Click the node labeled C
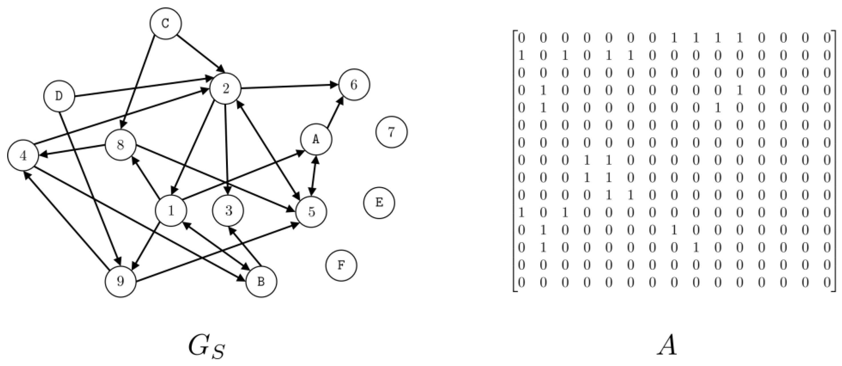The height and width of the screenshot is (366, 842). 165,23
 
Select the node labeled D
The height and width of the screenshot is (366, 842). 59,96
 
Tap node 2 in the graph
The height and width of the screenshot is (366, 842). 226,88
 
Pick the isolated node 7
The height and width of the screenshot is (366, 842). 391,132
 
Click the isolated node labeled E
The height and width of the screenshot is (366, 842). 379,203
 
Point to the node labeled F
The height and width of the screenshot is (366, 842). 341,265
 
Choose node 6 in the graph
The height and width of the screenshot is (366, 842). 354,85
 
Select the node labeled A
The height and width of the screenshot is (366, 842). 316,139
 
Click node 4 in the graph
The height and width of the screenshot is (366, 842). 23,156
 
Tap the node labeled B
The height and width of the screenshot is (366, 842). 261,282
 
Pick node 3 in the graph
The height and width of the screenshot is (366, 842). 228,211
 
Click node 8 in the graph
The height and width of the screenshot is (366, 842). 121,145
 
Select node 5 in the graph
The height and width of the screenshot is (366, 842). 311,211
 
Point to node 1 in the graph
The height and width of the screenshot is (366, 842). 171,211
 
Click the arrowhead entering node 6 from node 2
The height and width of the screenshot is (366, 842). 334,85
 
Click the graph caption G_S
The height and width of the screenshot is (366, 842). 207,347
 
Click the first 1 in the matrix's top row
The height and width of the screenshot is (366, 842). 674,38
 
